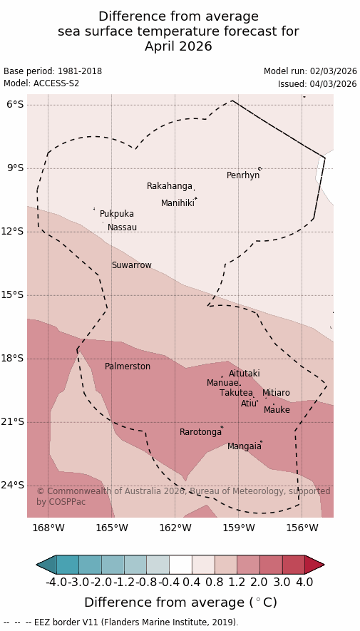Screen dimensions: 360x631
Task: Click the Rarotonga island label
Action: click(x=200, y=432)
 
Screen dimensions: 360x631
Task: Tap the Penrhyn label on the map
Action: click(x=243, y=175)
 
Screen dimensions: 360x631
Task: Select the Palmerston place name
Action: click(x=128, y=366)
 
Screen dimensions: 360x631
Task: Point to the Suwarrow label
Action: click(x=132, y=265)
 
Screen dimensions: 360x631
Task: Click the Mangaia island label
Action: click(x=244, y=446)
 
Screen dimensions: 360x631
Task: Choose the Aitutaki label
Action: click(x=244, y=374)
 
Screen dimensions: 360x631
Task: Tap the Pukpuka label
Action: click(x=117, y=214)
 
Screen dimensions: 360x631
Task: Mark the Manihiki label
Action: click(x=178, y=203)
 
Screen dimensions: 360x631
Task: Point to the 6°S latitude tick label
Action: click(x=15, y=105)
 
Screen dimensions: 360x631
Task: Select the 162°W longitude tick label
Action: click(x=175, y=528)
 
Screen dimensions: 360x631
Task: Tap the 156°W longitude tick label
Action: click(x=302, y=528)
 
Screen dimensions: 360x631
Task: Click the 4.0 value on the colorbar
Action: click(x=304, y=582)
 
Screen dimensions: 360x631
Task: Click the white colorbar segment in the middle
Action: click(x=180, y=565)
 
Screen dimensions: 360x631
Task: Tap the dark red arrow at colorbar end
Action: click(x=314, y=565)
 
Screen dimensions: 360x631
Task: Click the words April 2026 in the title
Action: click(x=178, y=46)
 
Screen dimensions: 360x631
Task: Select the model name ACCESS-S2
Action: click(x=56, y=83)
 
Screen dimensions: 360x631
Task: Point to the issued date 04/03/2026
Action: click(x=333, y=84)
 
